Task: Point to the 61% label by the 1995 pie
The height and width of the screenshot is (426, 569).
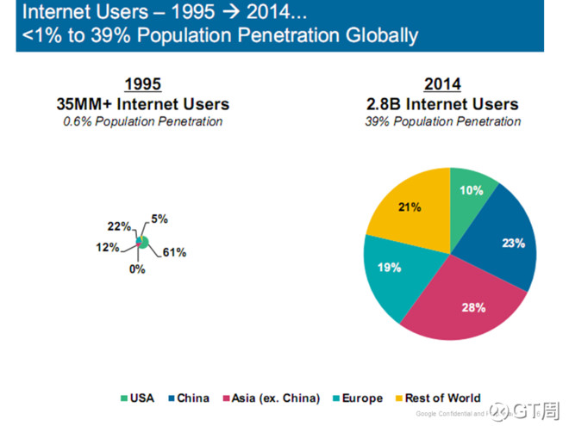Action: click(174, 252)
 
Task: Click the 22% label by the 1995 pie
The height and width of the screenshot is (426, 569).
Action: click(120, 226)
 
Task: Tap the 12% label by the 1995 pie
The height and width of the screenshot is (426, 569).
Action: click(108, 247)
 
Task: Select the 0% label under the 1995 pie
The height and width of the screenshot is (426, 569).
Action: click(137, 269)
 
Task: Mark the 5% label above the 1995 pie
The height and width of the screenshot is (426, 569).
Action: click(159, 218)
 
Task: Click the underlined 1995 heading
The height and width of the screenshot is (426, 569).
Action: click(142, 84)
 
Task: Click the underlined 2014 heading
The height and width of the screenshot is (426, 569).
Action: click(442, 84)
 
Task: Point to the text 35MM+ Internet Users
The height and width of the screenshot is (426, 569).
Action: click(142, 104)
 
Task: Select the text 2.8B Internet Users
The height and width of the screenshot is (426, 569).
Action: click(442, 104)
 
